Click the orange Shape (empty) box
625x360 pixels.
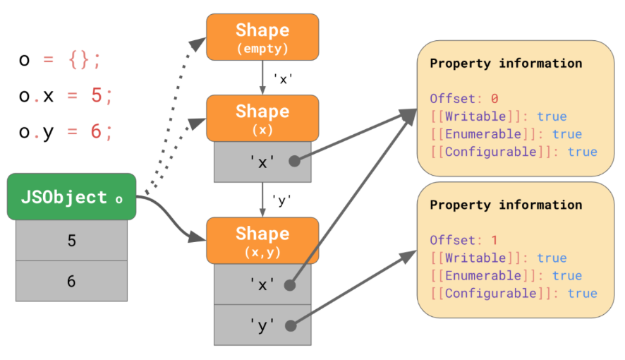[262, 37]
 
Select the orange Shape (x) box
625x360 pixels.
[262, 118]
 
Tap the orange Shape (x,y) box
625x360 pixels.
[262, 241]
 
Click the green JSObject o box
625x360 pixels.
[72, 196]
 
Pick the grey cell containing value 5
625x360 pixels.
[72, 241]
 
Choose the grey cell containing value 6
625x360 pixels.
[72, 281]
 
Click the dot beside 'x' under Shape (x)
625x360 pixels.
[295, 161]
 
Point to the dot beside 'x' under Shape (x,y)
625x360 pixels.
[290, 285]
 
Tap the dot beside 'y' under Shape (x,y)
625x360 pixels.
[291, 325]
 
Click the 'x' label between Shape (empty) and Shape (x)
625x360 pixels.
[283, 79]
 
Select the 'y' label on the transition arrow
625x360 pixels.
[281, 200]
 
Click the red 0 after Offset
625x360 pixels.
[494, 99]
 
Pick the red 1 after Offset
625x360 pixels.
[494, 240]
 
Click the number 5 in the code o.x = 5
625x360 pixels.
[97, 95]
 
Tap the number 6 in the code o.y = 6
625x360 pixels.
[96, 131]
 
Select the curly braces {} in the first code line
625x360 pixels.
[78, 60]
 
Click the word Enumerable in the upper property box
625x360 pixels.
[483, 134]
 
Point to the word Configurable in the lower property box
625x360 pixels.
[491, 293]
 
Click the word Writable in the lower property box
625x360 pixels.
[475, 258]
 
